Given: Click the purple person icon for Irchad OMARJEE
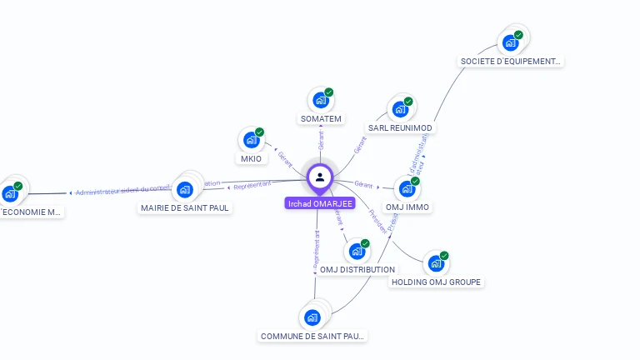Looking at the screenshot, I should click(x=320, y=177).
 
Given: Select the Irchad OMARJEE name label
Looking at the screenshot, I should click(x=320, y=203).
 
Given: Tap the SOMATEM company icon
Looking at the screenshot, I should click(x=320, y=101).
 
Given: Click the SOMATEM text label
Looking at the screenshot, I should click(x=321, y=119).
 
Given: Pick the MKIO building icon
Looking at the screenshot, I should click(x=251, y=140).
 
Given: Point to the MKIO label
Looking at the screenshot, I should click(x=251, y=159).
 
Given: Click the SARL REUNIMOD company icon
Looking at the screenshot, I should click(x=401, y=109).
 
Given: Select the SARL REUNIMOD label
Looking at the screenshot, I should click(x=401, y=128).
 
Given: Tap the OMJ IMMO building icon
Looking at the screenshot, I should click(x=407, y=189).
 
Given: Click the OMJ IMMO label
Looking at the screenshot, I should click(x=407, y=207).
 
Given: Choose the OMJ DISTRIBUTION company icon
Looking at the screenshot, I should click(x=357, y=251).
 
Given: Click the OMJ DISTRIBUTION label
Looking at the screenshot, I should click(x=357, y=270).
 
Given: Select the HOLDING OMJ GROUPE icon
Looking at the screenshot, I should click(x=435, y=263).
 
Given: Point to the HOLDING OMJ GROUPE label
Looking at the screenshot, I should click(x=437, y=282).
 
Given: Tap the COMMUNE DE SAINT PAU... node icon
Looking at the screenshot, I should click(x=312, y=317).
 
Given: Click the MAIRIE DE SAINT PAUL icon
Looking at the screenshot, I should click(x=185, y=189).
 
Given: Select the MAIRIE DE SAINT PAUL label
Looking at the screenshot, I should click(x=185, y=208).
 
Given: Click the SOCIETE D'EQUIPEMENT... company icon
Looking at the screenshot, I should click(x=510, y=42).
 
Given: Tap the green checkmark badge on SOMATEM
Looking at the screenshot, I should click(x=329, y=92).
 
